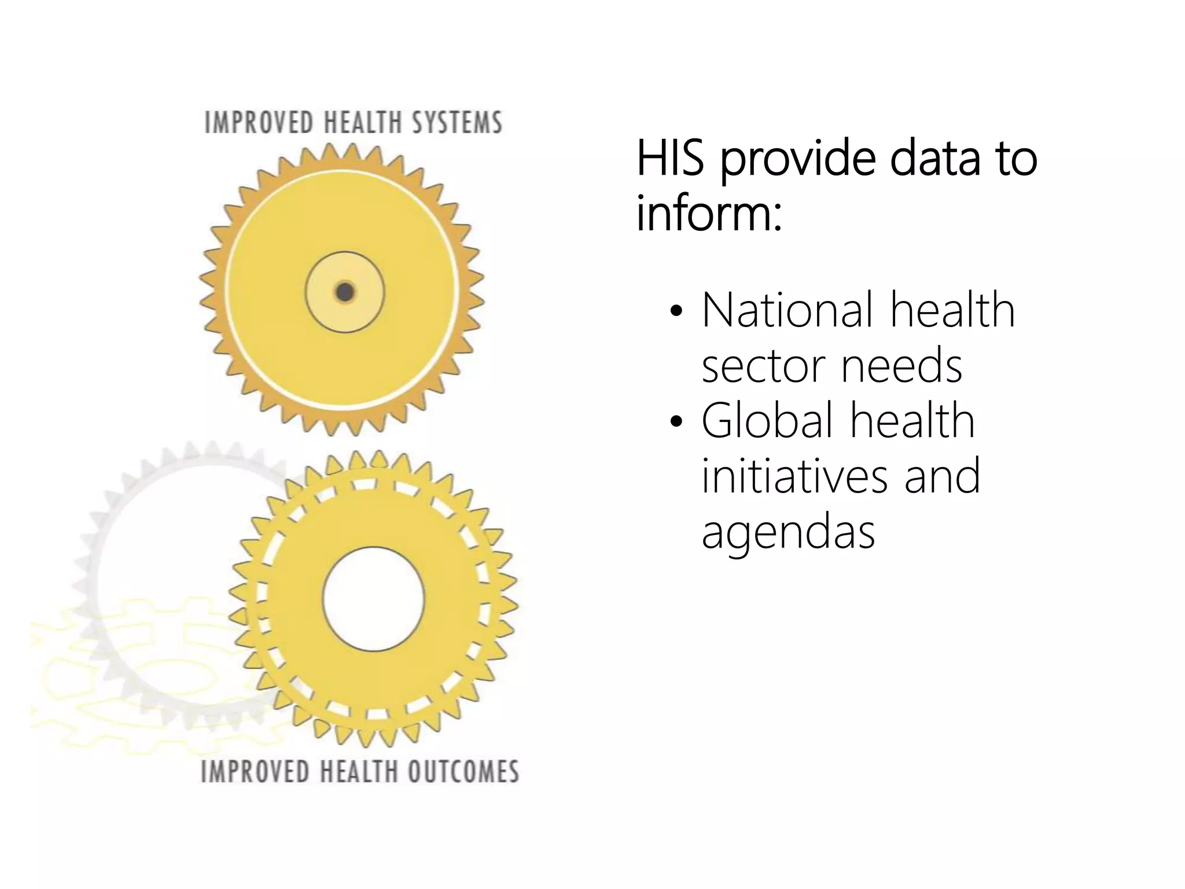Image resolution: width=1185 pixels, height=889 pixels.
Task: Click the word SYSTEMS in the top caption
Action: [457, 123]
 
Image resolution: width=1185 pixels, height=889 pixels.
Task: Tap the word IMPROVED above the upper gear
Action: [259, 123]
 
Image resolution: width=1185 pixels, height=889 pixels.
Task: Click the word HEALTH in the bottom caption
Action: [359, 772]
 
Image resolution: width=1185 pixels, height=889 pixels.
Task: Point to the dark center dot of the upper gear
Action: [345, 292]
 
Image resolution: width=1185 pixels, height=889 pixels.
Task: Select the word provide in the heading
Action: [798, 160]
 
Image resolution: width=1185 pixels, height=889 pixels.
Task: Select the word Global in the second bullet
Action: [767, 421]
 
